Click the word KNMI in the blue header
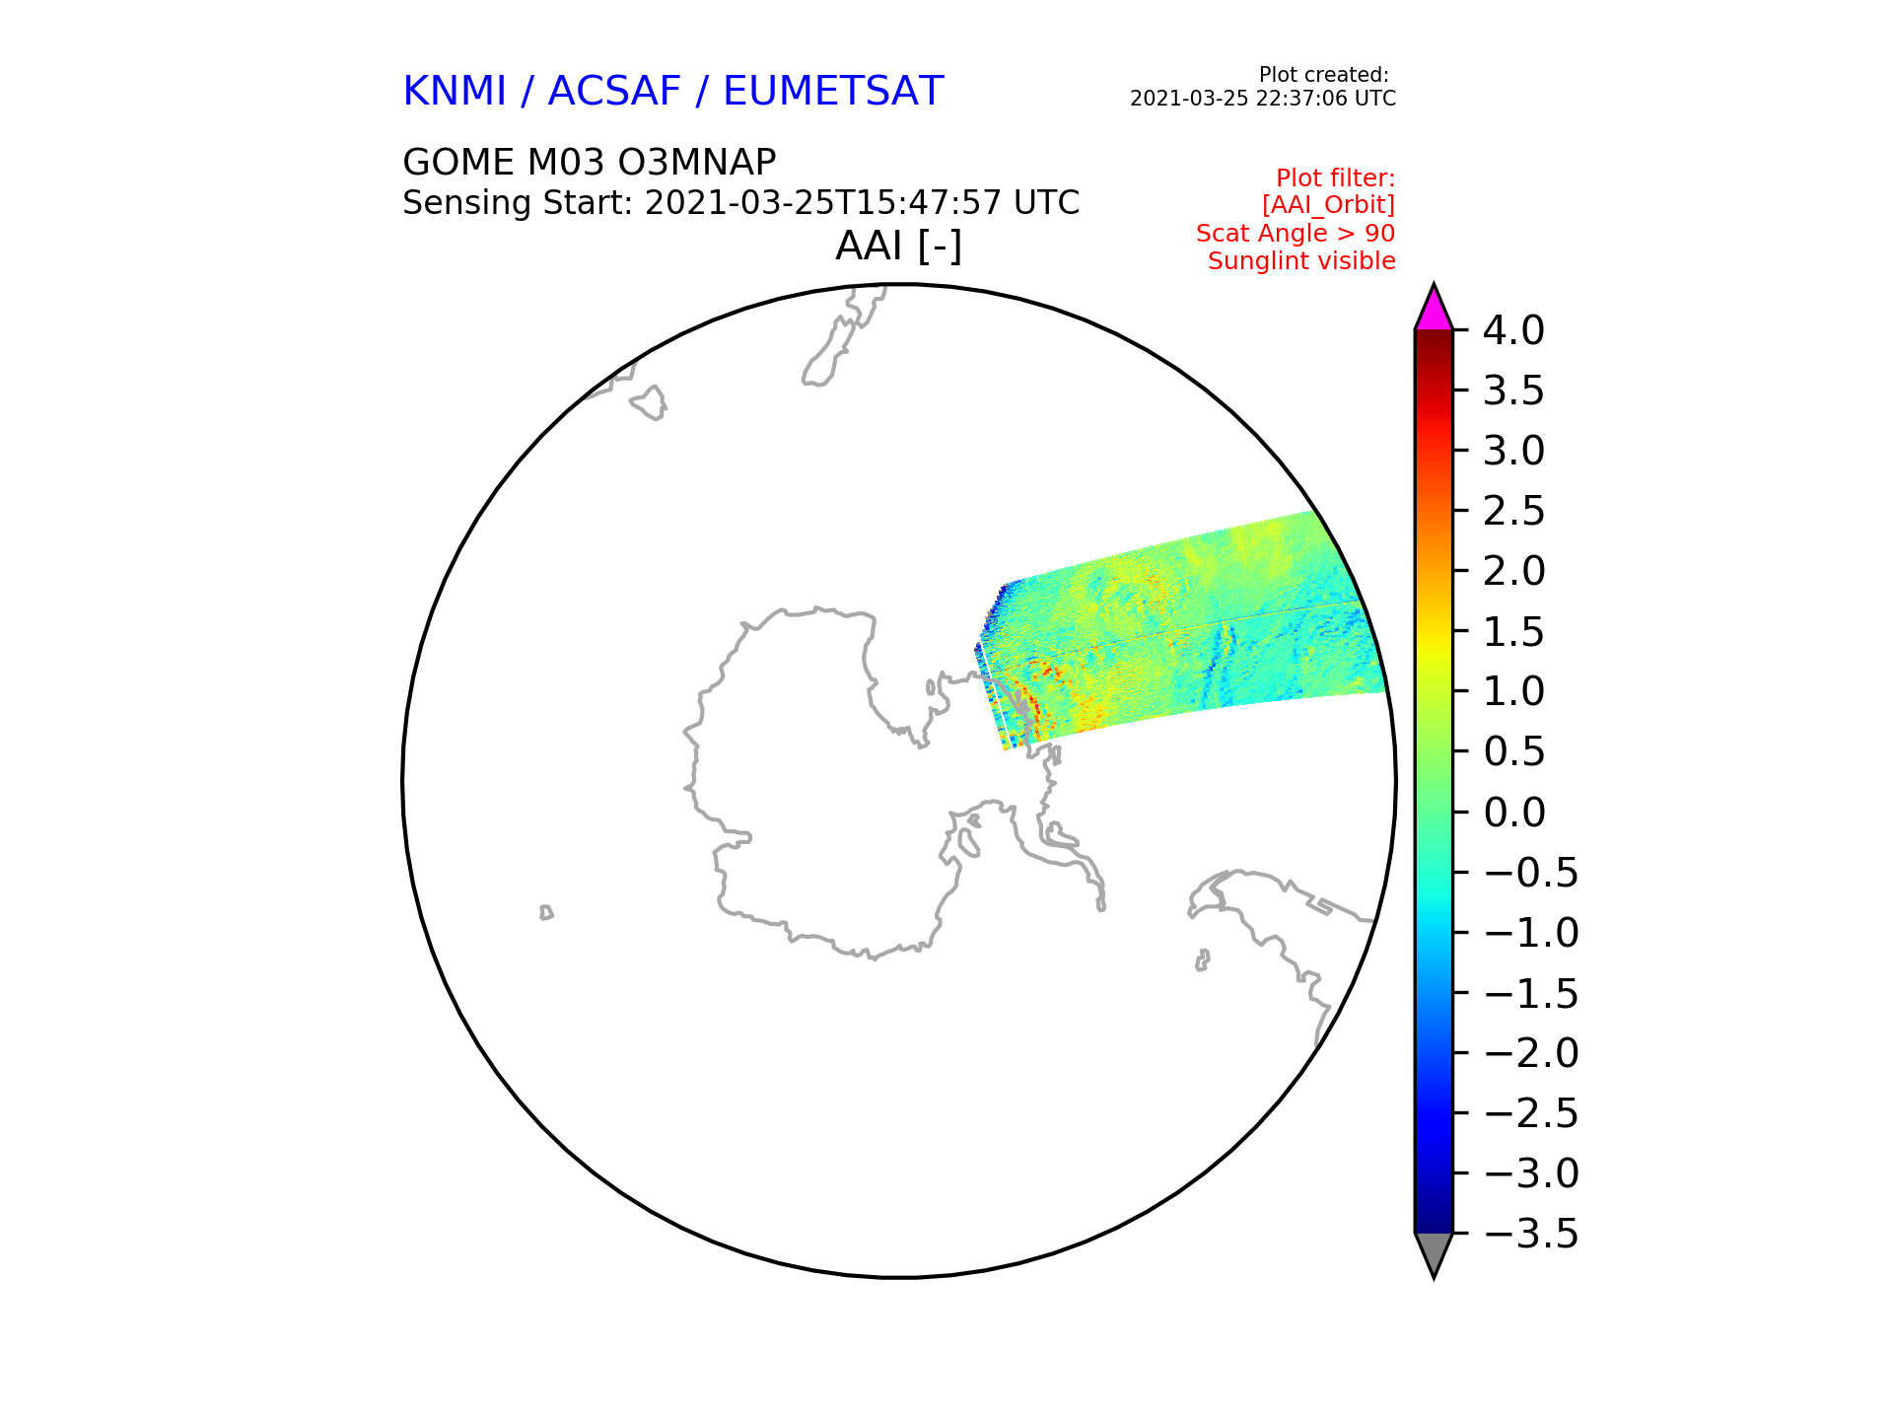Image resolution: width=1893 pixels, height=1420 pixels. coord(455,91)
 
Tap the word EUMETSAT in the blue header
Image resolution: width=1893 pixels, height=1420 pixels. coord(833,91)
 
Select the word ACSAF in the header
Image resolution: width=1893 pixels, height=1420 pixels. coord(614,91)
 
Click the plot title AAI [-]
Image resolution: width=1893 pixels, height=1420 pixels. coord(898,246)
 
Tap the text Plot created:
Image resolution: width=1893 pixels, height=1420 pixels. coord(1324,75)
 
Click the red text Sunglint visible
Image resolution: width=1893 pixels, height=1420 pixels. coord(1301,261)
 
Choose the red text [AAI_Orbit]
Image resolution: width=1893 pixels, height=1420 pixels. coord(1328,205)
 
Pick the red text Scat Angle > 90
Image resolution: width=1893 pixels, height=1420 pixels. coord(1296,234)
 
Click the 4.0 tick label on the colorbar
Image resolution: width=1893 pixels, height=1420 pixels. coord(1513,330)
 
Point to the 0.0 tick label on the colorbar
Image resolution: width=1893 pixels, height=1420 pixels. coord(1513,813)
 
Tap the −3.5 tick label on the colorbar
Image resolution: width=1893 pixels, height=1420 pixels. coord(1530,1234)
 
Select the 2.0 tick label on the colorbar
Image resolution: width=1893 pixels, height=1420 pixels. coord(1513,571)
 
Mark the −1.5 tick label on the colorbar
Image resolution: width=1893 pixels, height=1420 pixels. coord(1530,993)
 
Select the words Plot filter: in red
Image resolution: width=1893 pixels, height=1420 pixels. coord(1336,178)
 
